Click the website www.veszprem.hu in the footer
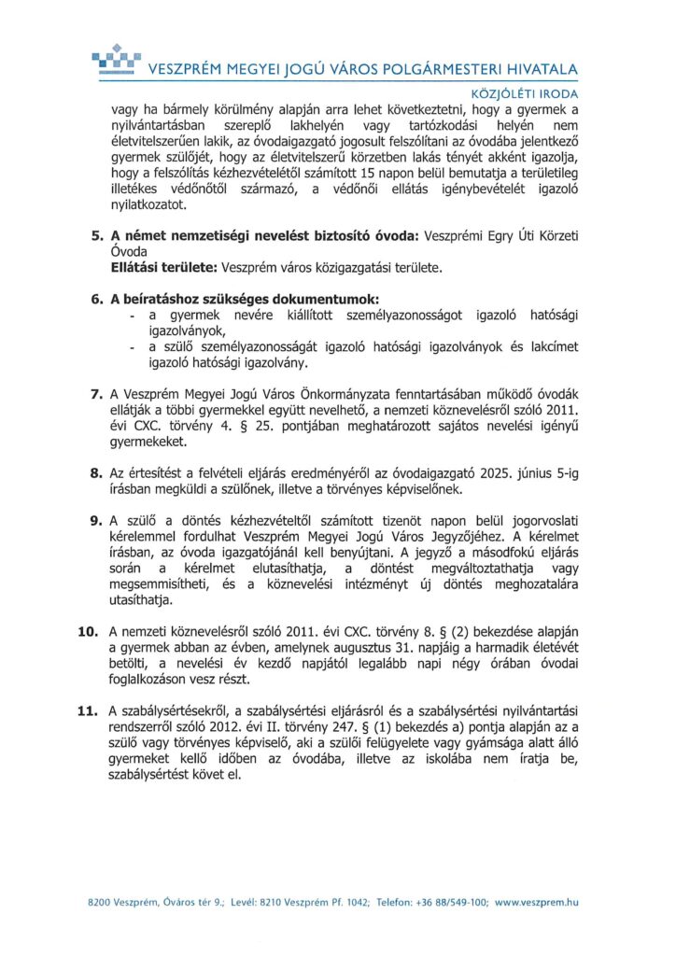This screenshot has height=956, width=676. pyautogui.click(x=536, y=903)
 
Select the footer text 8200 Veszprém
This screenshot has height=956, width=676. pyautogui.click(x=121, y=903)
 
